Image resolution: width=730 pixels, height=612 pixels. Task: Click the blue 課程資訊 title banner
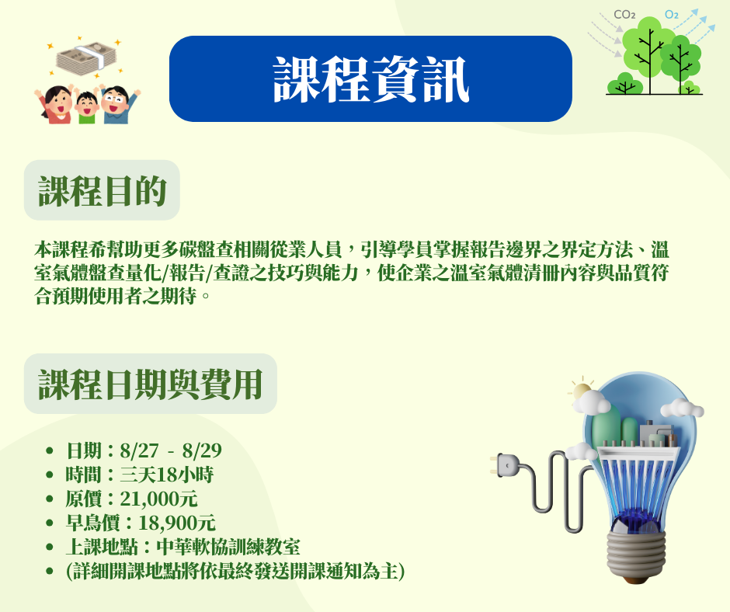click(370, 78)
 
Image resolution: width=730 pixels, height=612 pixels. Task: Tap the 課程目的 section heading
click(102, 190)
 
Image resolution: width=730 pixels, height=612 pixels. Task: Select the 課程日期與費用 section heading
click(151, 384)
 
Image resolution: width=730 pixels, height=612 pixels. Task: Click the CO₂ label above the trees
click(624, 15)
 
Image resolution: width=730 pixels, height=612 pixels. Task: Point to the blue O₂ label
click(671, 15)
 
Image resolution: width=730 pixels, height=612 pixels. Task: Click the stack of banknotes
click(87, 57)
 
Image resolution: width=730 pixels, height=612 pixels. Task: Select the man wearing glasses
click(117, 104)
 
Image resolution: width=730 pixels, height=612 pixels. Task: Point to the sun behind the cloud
click(581, 391)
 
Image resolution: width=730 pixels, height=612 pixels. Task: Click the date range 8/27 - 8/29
click(171, 450)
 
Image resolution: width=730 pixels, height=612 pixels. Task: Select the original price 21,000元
click(158, 499)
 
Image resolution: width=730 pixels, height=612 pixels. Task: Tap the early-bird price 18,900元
click(177, 523)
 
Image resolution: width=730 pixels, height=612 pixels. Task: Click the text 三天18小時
click(167, 475)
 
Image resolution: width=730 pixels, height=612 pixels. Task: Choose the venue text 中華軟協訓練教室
click(228, 548)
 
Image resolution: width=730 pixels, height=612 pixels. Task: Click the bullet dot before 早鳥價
click(50, 523)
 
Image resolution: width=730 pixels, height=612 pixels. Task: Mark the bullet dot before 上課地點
click(50, 548)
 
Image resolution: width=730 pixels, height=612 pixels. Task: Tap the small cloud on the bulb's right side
click(682, 408)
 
